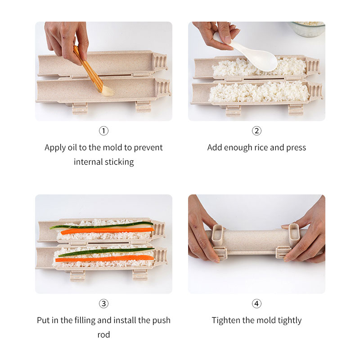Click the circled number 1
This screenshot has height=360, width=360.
[103, 131]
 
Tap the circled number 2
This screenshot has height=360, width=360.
[256, 131]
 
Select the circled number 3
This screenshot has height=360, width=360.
[103, 303]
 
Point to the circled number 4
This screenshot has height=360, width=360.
[256, 303]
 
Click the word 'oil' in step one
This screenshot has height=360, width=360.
[72, 148]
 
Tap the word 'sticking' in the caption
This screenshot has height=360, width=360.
[119, 162]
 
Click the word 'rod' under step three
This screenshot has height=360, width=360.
[103, 335]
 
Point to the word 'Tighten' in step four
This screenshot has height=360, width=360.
[226, 320]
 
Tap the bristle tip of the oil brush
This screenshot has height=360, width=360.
[108, 92]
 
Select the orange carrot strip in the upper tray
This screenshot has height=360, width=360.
[108, 230]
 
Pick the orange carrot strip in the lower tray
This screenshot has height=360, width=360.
[104, 258]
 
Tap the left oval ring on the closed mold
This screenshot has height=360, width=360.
[217, 235]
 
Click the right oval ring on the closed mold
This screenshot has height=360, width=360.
[294, 235]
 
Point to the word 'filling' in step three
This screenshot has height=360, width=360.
[85, 320]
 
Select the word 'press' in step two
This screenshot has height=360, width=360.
[296, 148]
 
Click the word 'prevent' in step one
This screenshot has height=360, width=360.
[148, 148]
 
